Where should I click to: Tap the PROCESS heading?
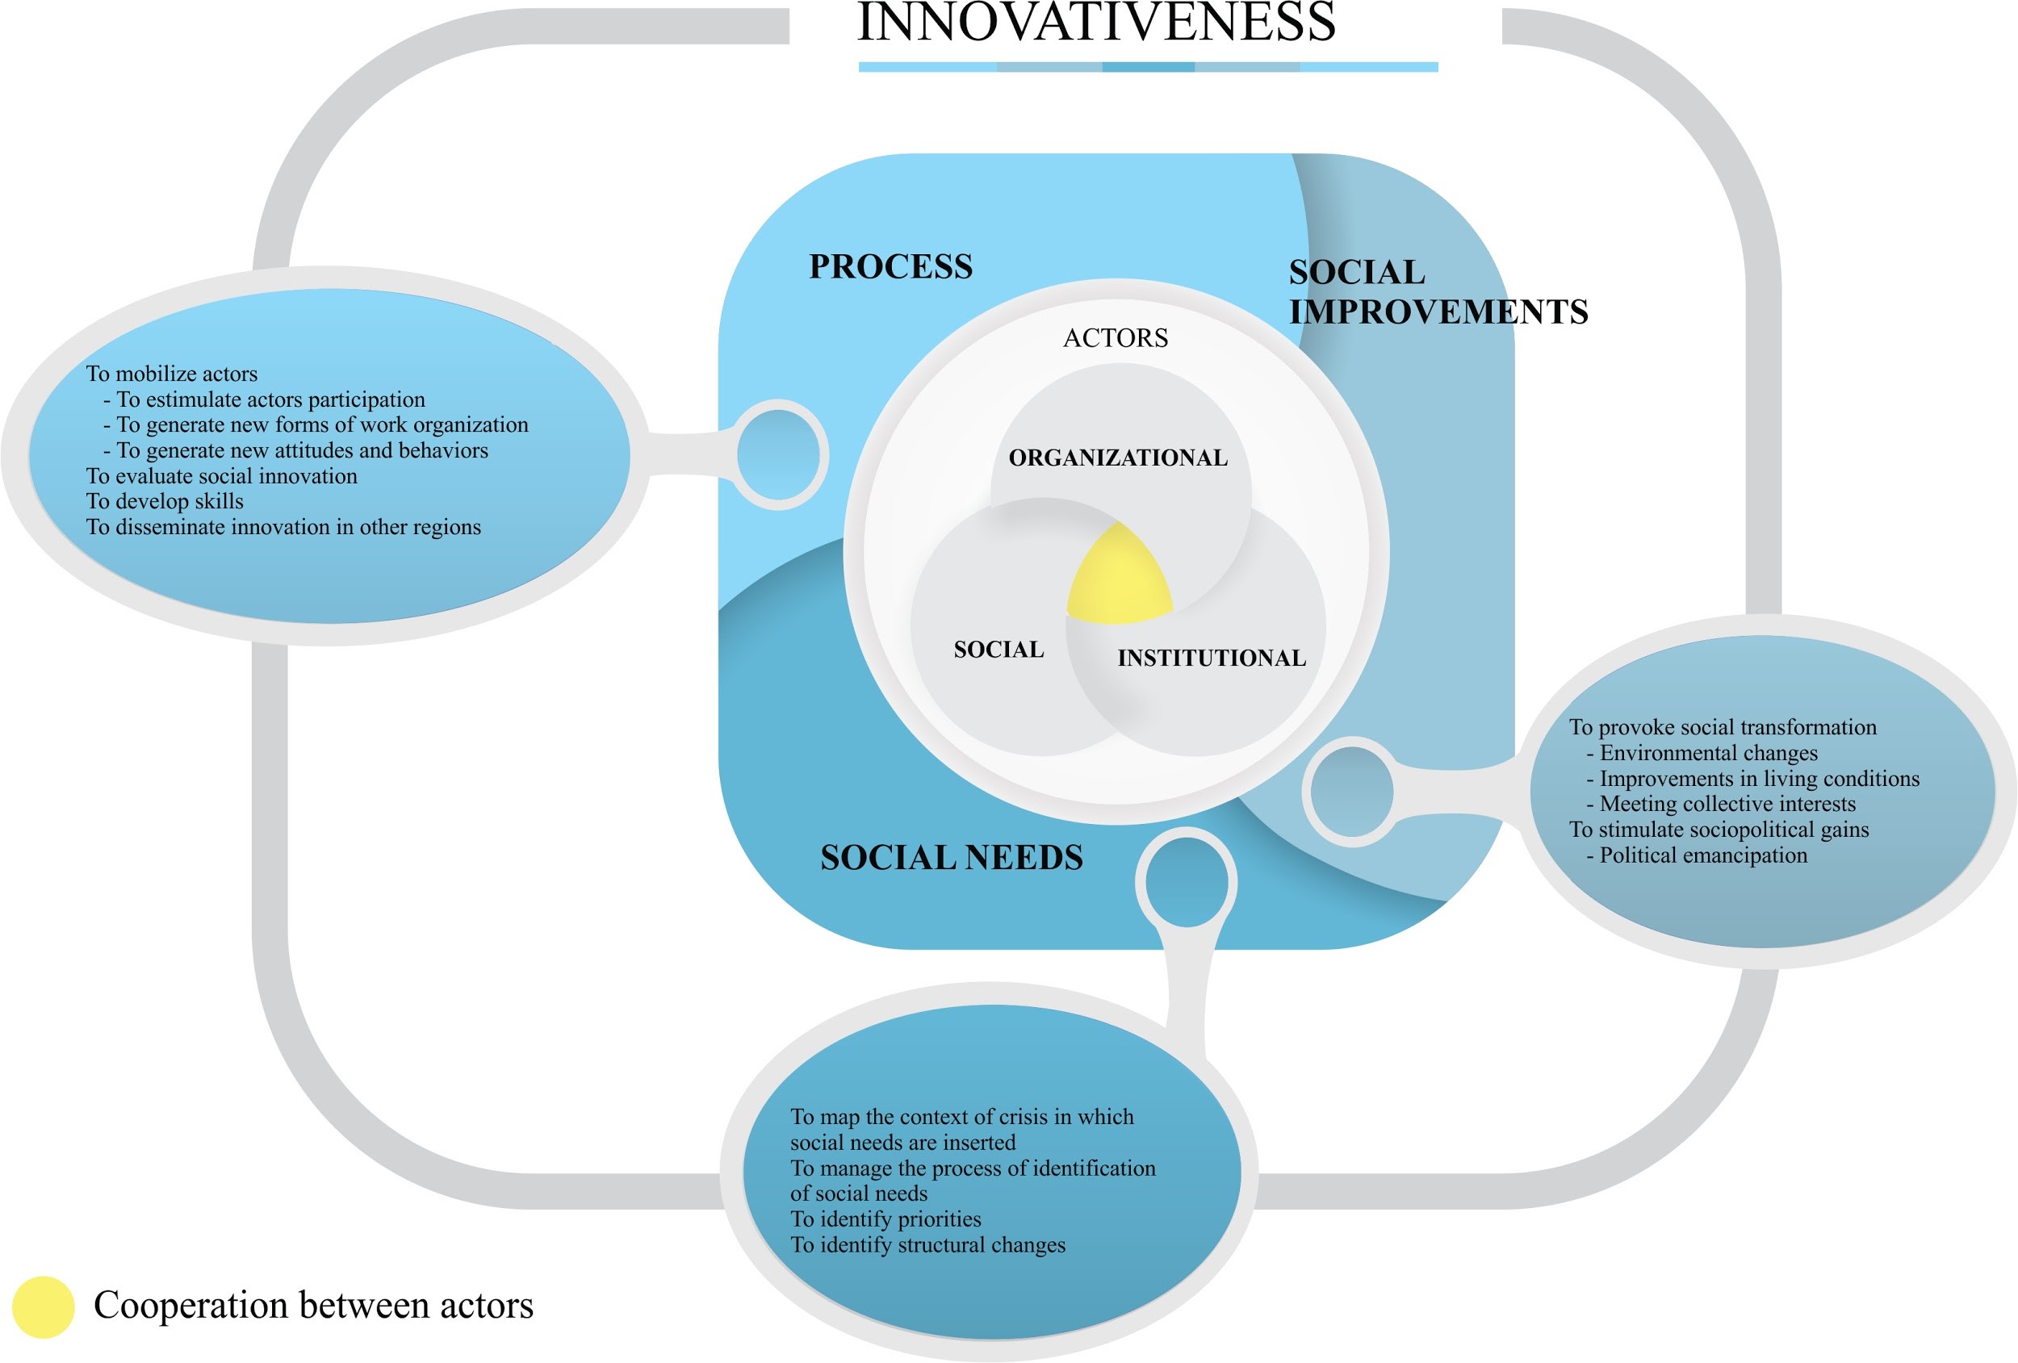[x=890, y=266]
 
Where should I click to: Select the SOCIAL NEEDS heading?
[x=952, y=858]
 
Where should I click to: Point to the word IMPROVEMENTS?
[x=1438, y=311]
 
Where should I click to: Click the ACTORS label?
[x=1116, y=337]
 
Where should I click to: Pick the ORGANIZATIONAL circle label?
[x=1119, y=458]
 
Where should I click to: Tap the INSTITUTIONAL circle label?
[x=1212, y=658]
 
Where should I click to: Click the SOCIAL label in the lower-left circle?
[x=999, y=650]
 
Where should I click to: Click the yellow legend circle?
[x=43, y=1307]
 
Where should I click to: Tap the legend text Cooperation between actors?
[x=313, y=1306]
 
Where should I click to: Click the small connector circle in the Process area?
[x=778, y=455]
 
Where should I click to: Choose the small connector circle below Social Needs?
[x=1186, y=881]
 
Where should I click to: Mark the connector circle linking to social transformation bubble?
[x=1351, y=791]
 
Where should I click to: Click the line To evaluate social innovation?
[x=221, y=476]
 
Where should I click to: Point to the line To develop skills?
[x=165, y=501]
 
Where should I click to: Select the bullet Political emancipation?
[x=1703, y=856]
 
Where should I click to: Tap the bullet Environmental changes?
[x=1708, y=753]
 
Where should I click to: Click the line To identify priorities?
[x=885, y=1219]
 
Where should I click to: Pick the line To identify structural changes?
[x=927, y=1245]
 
